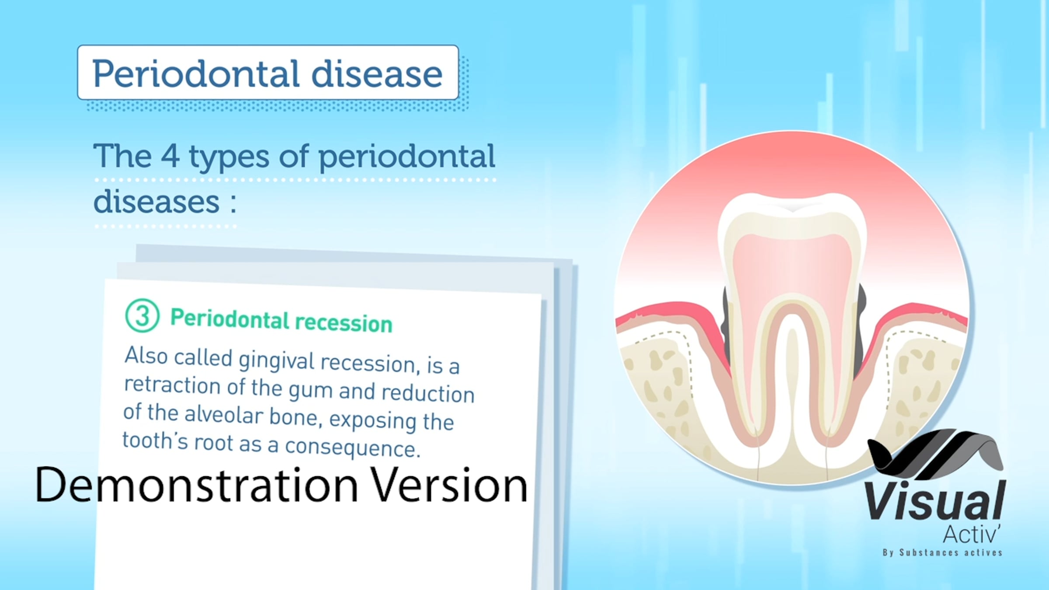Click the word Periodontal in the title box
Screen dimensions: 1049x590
coord(196,73)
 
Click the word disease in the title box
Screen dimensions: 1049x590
coord(377,73)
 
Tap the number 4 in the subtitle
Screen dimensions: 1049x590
coord(170,156)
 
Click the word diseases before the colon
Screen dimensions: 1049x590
coord(156,202)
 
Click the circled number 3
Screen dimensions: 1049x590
coord(142,316)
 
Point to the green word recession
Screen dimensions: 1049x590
coord(344,323)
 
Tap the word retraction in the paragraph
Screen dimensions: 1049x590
coord(172,385)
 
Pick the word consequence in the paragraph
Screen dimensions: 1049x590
coord(352,448)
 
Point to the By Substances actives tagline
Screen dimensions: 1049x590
coord(942,553)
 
